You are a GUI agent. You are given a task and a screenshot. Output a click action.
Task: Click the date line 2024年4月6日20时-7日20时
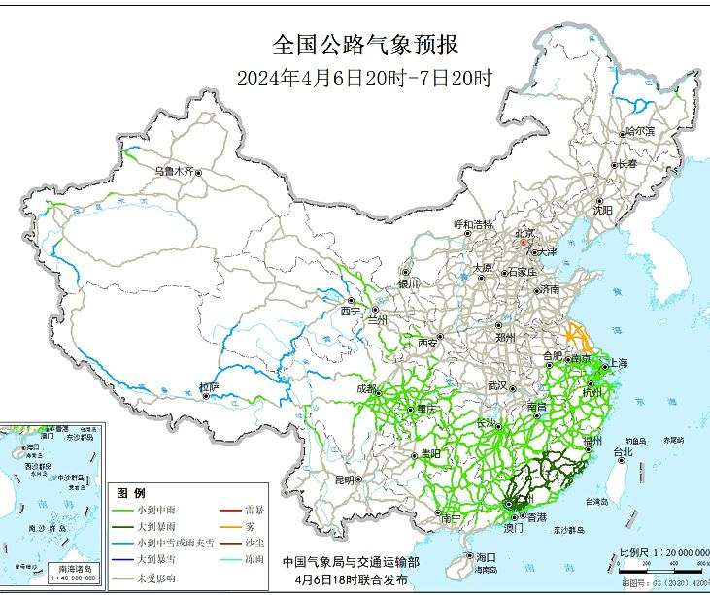[x=365, y=79]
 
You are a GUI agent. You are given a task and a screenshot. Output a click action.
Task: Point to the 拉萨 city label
[x=209, y=387]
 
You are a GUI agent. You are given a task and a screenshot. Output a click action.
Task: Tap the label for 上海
[x=618, y=363]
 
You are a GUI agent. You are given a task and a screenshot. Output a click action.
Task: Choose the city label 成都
[x=366, y=389]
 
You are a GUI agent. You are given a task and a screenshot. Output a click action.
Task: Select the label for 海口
[x=486, y=557]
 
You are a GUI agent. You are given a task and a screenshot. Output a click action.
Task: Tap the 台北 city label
[x=622, y=451]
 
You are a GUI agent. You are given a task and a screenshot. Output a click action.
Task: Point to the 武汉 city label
[x=498, y=385]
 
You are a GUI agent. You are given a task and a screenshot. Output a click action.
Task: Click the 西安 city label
[x=428, y=343]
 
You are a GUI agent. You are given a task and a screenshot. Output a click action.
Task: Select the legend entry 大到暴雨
[x=155, y=526]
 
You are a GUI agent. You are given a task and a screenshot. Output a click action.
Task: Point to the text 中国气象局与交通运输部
[x=352, y=561]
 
